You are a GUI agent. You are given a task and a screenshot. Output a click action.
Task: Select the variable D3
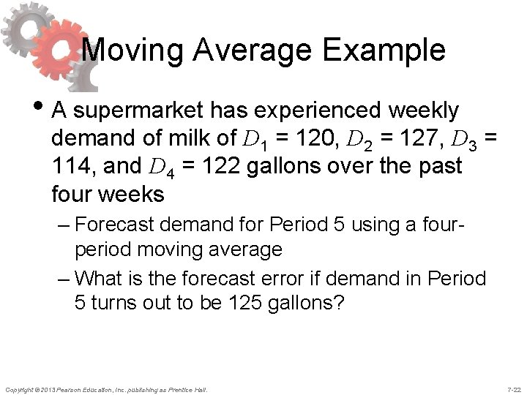(x=460, y=139)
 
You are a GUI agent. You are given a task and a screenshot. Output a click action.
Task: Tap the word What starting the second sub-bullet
(x=100, y=279)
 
